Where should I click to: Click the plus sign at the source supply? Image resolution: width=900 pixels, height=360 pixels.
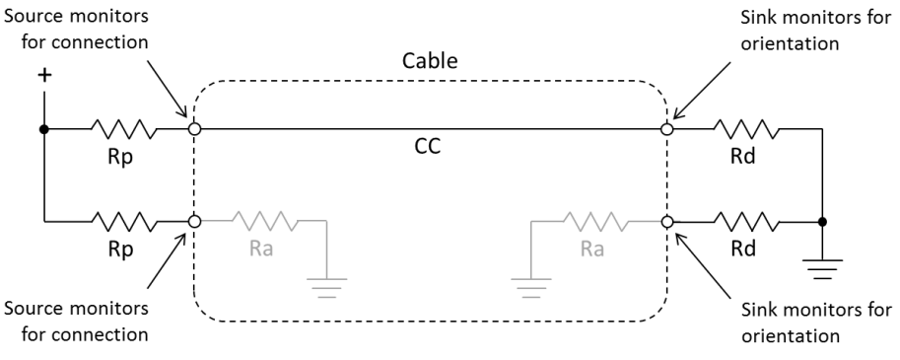tap(44, 76)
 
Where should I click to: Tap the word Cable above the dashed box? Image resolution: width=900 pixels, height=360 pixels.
tap(430, 61)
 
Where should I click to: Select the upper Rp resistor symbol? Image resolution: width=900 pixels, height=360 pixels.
tap(123, 128)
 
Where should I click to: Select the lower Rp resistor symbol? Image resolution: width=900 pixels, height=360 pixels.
tap(123, 222)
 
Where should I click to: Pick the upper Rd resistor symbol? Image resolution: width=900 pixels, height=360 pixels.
tap(746, 128)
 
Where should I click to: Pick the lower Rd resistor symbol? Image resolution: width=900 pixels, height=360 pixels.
tap(746, 222)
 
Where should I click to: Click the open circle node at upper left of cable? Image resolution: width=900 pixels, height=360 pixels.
tap(194, 128)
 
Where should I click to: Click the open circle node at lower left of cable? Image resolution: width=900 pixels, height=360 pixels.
tap(194, 222)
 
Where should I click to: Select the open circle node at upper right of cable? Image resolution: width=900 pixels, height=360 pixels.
tap(666, 128)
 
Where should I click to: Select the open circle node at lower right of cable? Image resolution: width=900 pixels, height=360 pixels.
tap(666, 222)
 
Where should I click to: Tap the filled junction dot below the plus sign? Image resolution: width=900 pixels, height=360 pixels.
tap(44, 128)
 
